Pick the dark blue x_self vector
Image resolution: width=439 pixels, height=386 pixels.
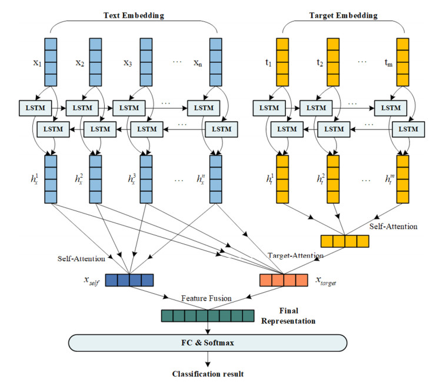coord(129,279)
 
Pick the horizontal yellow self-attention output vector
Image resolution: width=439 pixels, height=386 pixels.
coord(344,241)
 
